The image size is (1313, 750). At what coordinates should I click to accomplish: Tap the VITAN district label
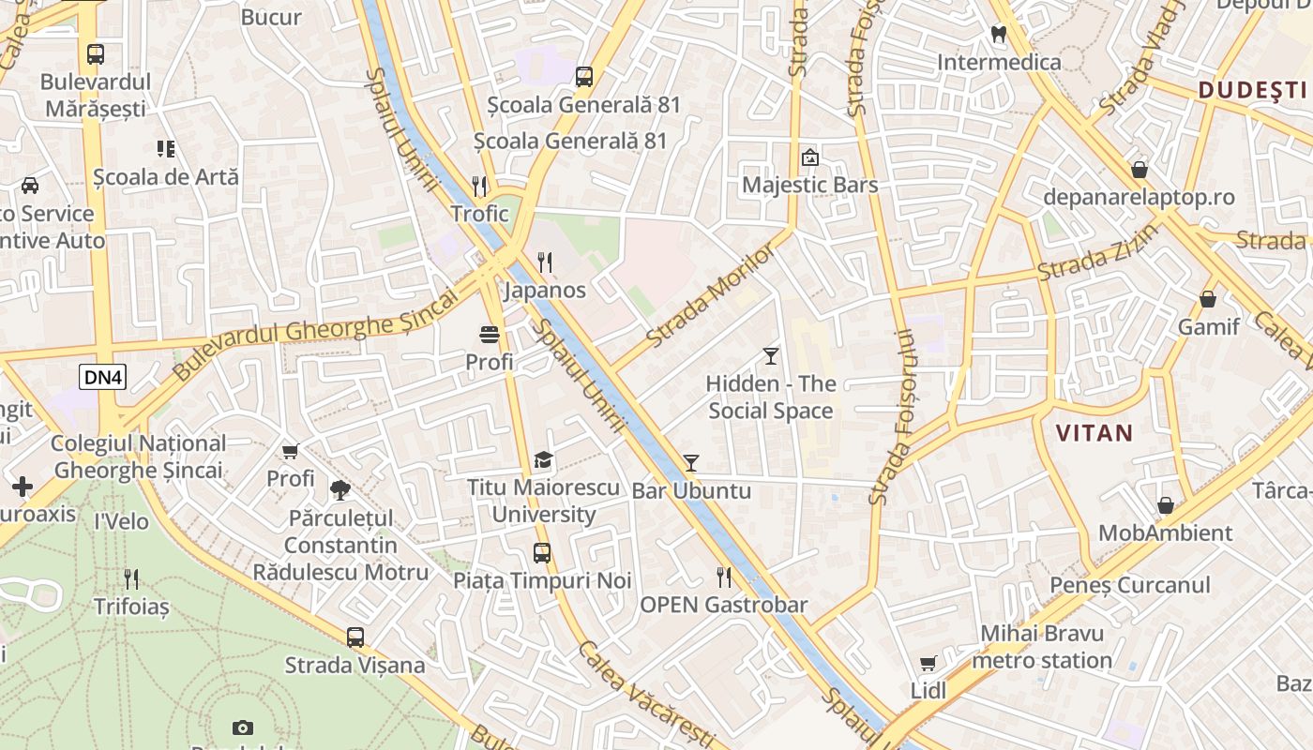pyautogui.click(x=1094, y=433)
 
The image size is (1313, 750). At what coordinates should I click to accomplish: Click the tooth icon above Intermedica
pyautogui.click(x=999, y=35)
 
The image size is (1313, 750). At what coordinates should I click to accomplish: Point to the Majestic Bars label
pyautogui.click(x=810, y=185)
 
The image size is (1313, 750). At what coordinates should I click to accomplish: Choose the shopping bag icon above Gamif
pyautogui.click(x=1208, y=300)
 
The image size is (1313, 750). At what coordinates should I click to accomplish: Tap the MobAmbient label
pyautogui.click(x=1165, y=533)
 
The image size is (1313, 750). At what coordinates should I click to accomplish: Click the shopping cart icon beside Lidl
pyautogui.click(x=928, y=664)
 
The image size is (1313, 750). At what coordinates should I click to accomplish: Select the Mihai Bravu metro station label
pyautogui.click(x=1042, y=647)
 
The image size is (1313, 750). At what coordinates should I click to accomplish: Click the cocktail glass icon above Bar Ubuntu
pyautogui.click(x=691, y=462)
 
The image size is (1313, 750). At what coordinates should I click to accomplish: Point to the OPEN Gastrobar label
pyautogui.click(x=723, y=605)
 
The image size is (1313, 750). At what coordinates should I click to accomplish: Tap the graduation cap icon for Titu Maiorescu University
pyautogui.click(x=543, y=460)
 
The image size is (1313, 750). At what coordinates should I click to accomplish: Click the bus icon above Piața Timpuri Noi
pyautogui.click(x=542, y=553)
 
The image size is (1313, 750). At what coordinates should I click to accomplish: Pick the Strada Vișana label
pyautogui.click(x=355, y=666)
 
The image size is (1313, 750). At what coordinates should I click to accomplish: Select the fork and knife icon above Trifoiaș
pyautogui.click(x=131, y=579)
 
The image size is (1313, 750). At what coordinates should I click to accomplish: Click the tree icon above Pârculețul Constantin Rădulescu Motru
pyautogui.click(x=340, y=489)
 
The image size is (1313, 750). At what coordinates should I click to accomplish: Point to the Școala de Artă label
pyautogui.click(x=166, y=177)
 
